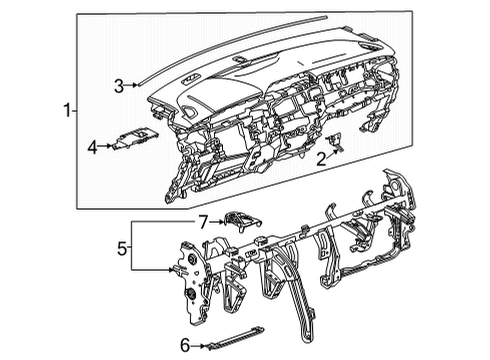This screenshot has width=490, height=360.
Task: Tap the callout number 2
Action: coord(321,157)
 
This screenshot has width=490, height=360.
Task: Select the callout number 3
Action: coord(118,86)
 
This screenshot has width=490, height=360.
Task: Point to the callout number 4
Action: coord(92,147)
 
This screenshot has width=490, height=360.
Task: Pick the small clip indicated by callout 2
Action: coord(338,144)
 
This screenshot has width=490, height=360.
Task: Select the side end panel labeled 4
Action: coord(135,142)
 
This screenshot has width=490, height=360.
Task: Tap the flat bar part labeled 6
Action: coord(237,337)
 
